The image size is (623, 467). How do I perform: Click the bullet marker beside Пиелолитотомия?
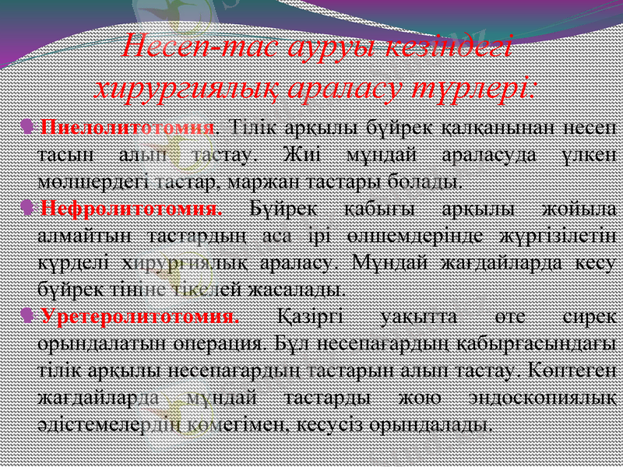(x=28, y=126)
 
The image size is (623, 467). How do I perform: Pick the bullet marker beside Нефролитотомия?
(x=28, y=209)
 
